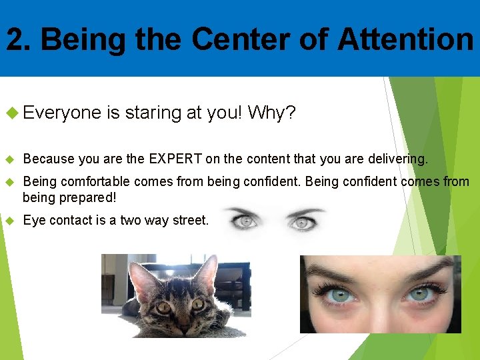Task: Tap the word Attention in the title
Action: tap(405, 39)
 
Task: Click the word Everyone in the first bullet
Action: tap(62, 113)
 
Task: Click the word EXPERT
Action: tap(177, 159)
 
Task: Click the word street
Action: tap(191, 221)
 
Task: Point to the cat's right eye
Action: tap(198, 304)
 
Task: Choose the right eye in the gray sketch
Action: tap(302, 223)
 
